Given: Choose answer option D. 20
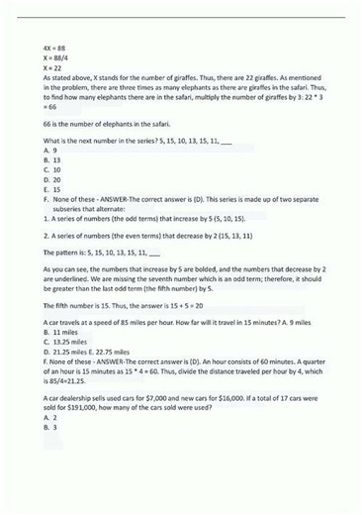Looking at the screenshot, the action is [x=52, y=179].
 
